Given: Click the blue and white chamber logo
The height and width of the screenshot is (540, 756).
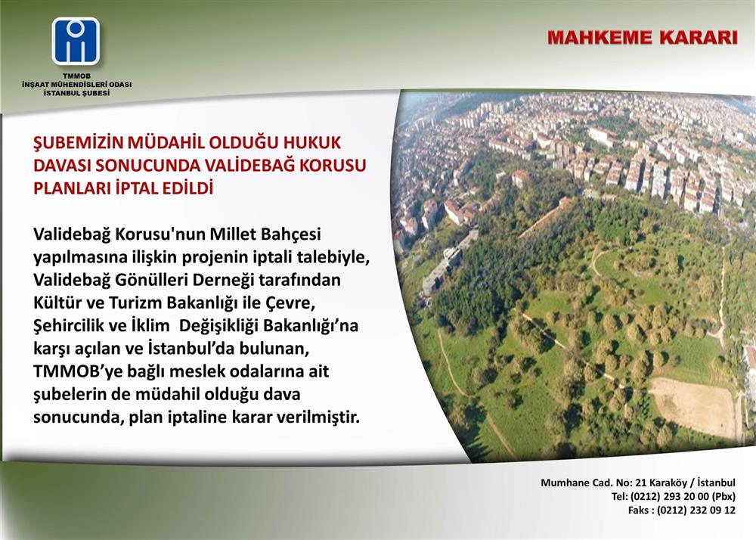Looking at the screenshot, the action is coord(76,41).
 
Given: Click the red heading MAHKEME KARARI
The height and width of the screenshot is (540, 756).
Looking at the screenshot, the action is coord(642,38).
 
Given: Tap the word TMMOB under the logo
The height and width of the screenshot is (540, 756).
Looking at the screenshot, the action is coord(76,76).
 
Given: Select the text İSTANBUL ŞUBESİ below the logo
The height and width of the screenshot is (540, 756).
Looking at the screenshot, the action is coord(76,93).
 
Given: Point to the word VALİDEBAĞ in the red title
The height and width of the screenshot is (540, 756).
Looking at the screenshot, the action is coord(248,165).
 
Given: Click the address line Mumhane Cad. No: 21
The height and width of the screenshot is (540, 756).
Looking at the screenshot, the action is coord(593,483).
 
